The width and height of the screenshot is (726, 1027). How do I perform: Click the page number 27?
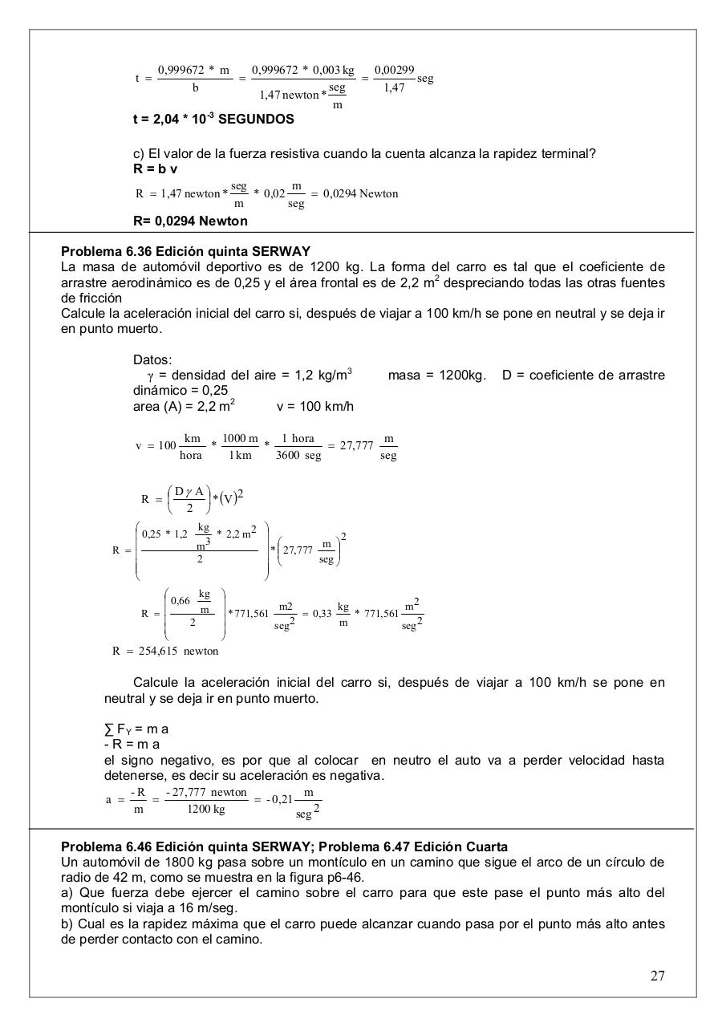[657, 976]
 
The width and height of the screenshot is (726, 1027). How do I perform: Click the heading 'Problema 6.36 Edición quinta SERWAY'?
[185, 251]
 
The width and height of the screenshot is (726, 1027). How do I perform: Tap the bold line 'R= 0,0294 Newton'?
[190, 221]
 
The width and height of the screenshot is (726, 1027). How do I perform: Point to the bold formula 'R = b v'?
[155, 169]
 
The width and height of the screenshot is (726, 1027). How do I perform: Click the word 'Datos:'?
[152, 359]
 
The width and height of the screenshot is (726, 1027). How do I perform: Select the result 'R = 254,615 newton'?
[165, 651]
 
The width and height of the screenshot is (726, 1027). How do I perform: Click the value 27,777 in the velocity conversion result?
[356, 446]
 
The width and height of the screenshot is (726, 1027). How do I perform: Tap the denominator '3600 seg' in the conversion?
[298, 456]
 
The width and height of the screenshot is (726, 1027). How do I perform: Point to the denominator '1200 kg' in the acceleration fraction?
[206, 809]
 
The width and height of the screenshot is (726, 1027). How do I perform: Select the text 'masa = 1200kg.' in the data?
[436, 375]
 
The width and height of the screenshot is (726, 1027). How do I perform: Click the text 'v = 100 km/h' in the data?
[314, 406]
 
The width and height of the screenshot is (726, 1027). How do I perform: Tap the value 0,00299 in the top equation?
[394, 71]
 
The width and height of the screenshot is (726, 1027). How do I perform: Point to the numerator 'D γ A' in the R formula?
[189, 491]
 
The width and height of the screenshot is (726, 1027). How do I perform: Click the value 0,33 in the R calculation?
[322, 614]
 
